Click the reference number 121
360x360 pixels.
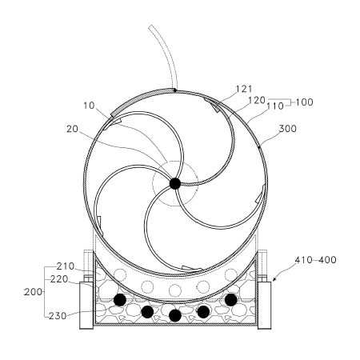tap(244, 89)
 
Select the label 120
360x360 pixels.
tap(257, 100)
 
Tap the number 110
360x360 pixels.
tap(275, 106)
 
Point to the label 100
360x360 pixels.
tap(304, 102)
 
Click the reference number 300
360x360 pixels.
tap(288, 129)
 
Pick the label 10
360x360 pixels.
tap(89, 106)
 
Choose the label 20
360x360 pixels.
tap(72, 129)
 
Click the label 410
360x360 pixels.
tap(303, 260)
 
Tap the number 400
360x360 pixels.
tap(327, 260)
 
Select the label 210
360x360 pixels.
tap(66, 266)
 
